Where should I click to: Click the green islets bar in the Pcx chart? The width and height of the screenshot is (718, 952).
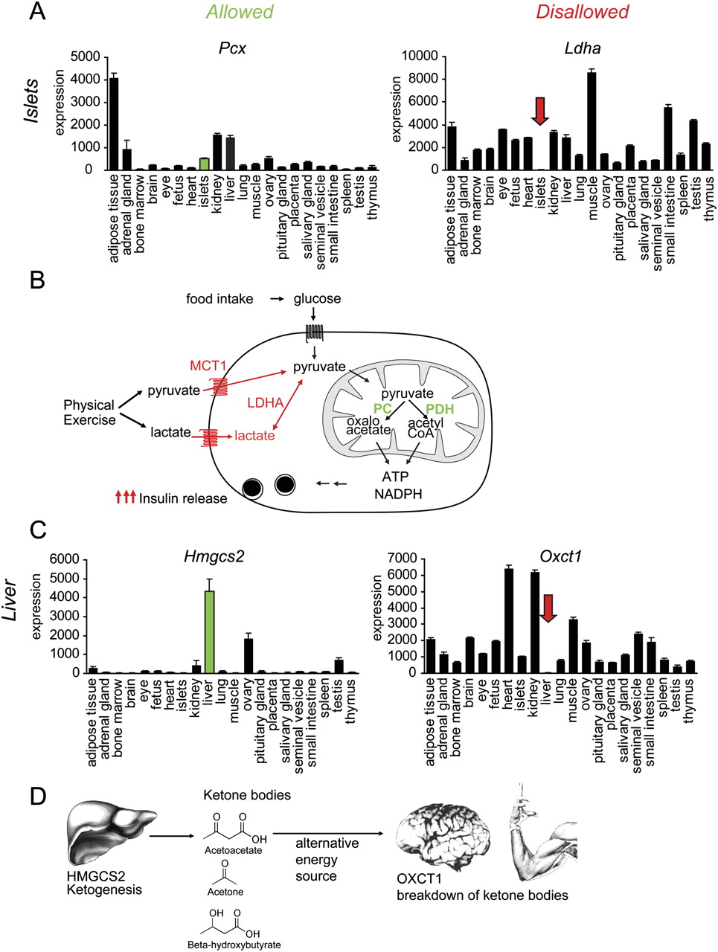204,164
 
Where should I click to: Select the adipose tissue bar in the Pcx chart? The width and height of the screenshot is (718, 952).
114,123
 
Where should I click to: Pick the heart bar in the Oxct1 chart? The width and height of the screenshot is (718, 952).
509,620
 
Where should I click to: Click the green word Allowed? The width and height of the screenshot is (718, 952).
240,12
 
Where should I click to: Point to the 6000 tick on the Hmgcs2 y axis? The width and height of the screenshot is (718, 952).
64,559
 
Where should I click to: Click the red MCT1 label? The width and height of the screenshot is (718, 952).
208,365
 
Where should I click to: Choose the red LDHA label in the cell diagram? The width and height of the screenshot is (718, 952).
266,402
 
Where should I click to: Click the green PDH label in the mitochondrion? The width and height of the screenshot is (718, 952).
440,409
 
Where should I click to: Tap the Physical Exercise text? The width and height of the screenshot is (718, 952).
89,413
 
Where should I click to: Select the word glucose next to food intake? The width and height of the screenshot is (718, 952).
317,299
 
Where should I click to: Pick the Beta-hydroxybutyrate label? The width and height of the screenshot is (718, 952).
234,945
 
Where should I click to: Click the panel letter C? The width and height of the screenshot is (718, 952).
38,530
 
